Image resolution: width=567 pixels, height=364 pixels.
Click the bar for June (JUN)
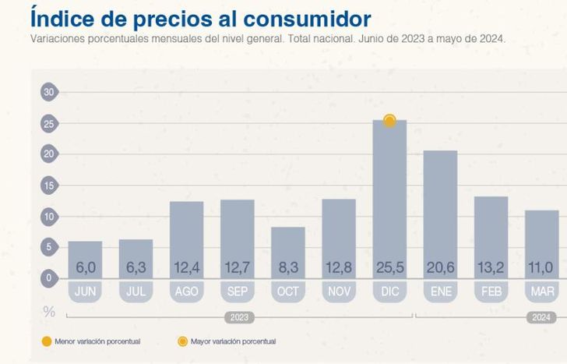(86, 253)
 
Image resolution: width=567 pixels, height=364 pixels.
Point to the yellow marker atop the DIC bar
(389, 121)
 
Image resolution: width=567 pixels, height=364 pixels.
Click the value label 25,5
(389, 268)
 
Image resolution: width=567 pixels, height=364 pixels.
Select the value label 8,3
(288, 268)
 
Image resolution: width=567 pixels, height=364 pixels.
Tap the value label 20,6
(440, 268)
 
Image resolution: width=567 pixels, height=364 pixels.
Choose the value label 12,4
(187, 268)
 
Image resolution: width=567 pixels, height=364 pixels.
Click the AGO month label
(187, 292)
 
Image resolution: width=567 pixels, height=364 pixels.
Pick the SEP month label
(238, 292)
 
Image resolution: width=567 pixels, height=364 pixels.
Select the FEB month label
(491, 292)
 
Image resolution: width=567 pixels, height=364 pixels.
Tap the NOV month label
(339, 292)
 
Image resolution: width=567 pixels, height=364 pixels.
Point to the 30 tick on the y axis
(49, 92)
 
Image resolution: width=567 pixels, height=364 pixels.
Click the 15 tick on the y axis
(49, 185)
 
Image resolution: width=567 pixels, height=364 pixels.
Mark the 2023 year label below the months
(240, 317)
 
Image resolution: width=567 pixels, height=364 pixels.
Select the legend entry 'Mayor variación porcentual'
(231, 341)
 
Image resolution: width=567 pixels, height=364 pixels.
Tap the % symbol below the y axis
(49, 312)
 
